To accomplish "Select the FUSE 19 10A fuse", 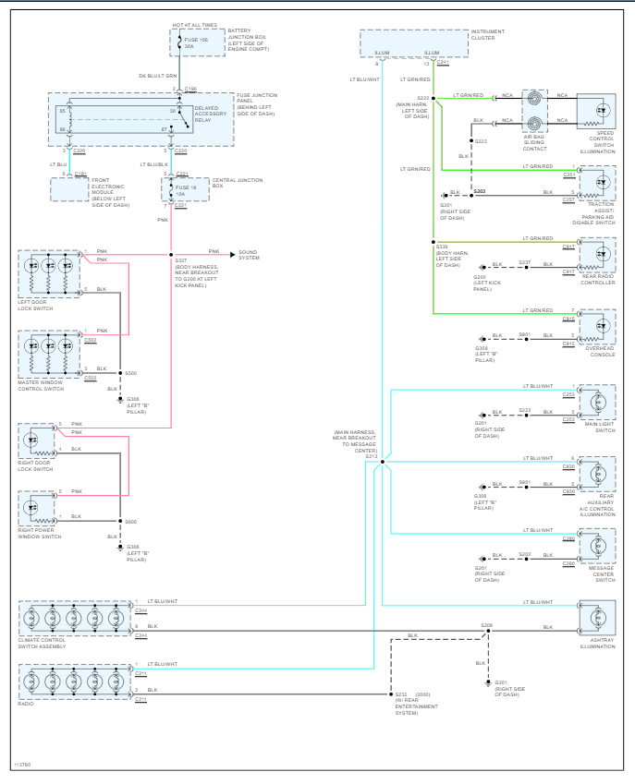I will click(178, 190).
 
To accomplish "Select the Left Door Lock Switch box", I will click(48, 275).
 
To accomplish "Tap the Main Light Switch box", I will click(602, 403).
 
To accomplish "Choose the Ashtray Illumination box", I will click(601, 618).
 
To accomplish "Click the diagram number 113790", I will click(21, 766).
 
